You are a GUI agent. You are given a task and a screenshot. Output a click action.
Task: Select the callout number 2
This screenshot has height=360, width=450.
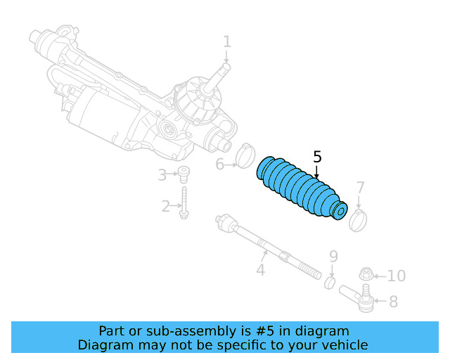[166, 206]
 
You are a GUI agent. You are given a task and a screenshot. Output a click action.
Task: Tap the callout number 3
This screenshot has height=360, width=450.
[162, 174]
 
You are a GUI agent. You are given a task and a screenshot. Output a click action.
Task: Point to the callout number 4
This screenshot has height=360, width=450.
[260, 269]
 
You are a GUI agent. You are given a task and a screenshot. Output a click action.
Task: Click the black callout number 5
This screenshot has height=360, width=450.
[317, 157]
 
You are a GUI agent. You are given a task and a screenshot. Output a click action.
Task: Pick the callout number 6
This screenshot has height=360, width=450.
[219, 165]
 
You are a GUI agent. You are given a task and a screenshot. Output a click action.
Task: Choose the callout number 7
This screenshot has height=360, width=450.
[360, 188]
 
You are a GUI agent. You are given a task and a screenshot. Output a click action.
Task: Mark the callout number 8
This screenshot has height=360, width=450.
[393, 302]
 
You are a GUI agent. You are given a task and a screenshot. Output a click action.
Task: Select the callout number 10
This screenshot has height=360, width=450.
[397, 276]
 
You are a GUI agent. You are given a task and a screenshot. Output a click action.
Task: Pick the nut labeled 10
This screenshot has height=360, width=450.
[366, 275]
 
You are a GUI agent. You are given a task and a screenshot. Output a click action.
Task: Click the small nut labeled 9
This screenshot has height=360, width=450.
[329, 282]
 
